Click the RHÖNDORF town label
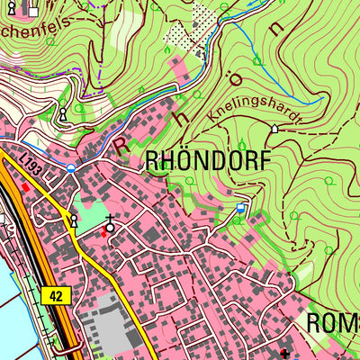(209, 161)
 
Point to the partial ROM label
(333, 323)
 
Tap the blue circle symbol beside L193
(70, 166)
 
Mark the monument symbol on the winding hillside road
(64, 114)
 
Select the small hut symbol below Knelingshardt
(274, 129)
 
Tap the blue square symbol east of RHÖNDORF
(240, 208)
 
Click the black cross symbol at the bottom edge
(285, 354)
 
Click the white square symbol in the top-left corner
(33, 12)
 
